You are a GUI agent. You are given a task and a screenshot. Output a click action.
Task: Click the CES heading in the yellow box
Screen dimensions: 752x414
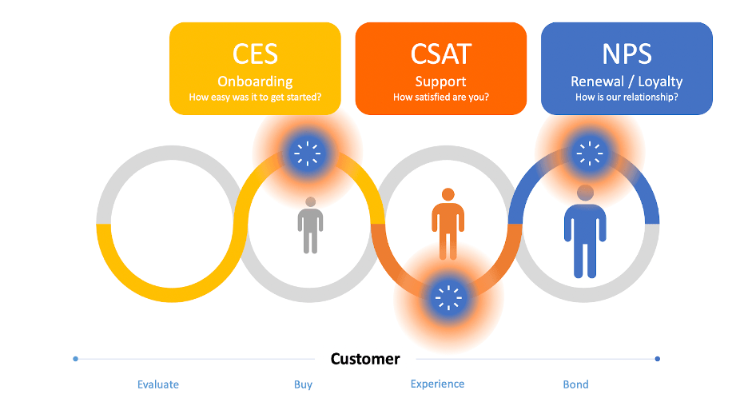coord(255,54)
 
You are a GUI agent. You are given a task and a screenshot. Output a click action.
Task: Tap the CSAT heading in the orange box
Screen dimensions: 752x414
coord(441,54)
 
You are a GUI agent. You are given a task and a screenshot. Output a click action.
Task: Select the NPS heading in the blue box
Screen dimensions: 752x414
coord(627,54)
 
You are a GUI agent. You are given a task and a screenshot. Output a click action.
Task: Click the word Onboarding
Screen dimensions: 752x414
coord(255,82)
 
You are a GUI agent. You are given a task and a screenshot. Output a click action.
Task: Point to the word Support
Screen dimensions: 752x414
coord(441,82)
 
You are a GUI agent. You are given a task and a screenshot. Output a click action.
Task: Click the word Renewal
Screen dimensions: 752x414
coord(598,82)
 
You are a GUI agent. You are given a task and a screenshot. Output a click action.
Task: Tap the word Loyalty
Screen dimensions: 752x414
coord(660,82)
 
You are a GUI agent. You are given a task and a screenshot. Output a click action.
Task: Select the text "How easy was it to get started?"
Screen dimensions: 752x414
coord(255,98)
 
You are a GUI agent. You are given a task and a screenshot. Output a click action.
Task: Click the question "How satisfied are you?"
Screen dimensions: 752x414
coord(441,98)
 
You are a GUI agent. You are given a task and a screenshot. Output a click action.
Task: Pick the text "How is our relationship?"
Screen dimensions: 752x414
coord(627,98)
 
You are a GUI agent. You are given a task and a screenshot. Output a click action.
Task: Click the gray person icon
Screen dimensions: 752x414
coord(310,225)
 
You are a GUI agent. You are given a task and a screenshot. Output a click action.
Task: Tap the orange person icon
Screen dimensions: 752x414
coord(448,224)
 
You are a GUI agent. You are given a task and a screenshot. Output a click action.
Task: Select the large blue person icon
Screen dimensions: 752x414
coord(585,231)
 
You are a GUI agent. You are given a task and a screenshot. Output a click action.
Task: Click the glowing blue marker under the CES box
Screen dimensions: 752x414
coord(308,154)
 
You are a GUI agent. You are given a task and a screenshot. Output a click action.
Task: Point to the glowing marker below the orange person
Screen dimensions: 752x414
coord(448,298)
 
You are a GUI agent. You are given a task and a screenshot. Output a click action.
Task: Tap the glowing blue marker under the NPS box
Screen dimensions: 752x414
coord(590,153)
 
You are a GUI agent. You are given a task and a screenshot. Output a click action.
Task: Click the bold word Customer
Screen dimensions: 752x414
coord(365,359)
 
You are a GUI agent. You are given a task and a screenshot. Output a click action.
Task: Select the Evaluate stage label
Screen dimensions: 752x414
coord(158,384)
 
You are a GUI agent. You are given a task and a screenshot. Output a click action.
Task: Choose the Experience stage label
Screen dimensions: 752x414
coord(437,384)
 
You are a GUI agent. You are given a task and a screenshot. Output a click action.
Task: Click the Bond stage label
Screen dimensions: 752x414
coord(575,384)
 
